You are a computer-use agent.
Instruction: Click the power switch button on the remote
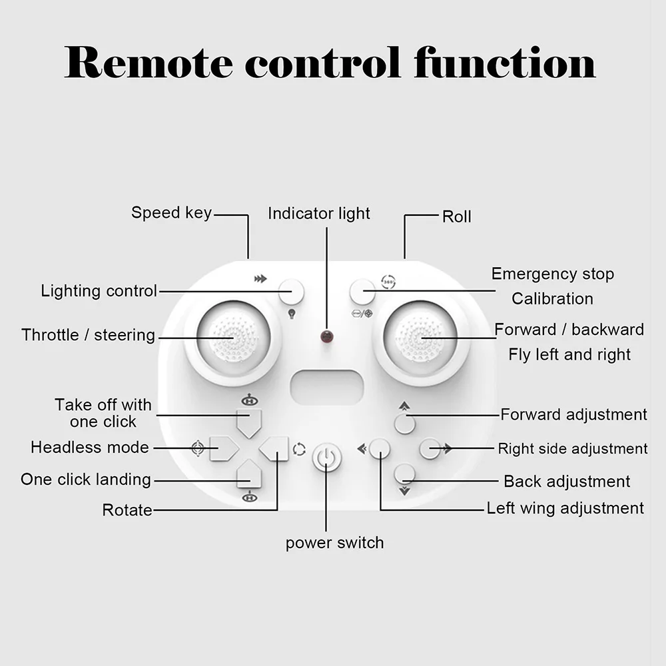[x=326, y=458]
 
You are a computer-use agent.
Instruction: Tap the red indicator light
[x=326, y=336]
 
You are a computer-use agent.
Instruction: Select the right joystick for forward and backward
[x=421, y=337]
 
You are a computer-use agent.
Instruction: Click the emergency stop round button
[x=362, y=291]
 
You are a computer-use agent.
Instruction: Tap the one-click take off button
[x=249, y=422]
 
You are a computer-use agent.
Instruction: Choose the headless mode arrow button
[x=223, y=448]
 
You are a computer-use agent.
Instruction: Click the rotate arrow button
[x=275, y=448]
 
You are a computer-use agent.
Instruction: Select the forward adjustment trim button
[x=404, y=424]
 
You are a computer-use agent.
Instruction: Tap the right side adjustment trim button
[x=430, y=448]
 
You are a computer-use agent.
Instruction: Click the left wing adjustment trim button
[x=379, y=448]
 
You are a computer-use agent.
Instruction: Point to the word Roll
[x=456, y=216]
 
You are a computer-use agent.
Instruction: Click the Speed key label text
[x=171, y=213]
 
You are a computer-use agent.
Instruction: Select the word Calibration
[x=552, y=298]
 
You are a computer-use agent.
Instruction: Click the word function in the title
[x=504, y=63]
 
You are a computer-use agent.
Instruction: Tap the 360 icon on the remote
[x=388, y=281]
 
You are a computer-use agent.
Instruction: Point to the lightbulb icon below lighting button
[x=291, y=313]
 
